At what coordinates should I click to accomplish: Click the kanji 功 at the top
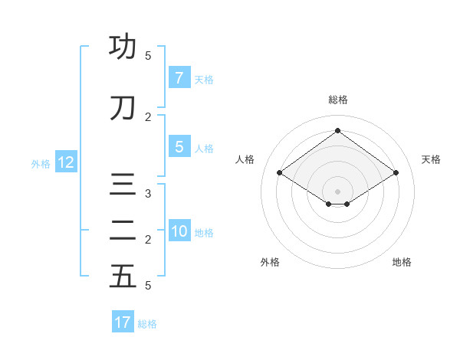pyautogui.click(x=123, y=47)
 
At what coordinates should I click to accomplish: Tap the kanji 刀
pyautogui.click(x=123, y=109)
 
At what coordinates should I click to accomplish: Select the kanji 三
pyautogui.click(x=123, y=186)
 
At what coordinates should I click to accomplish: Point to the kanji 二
pyautogui.click(x=123, y=231)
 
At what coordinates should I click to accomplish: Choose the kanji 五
pyautogui.click(x=123, y=277)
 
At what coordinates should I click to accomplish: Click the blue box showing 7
pyautogui.click(x=179, y=78)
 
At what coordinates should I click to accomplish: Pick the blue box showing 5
pyautogui.click(x=179, y=148)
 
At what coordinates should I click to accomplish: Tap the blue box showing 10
pyautogui.click(x=179, y=232)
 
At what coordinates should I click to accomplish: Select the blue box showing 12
pyautogui.click(x=65, y=162)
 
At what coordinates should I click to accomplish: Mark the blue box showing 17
pyautogui.click(x=123, y=322)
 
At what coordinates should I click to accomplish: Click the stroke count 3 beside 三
pyautogui.click(x=148, y=194)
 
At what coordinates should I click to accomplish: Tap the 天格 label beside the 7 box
pyautogui.click(x=204, y=79)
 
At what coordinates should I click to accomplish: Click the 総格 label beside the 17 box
pyautogui.click(x=147, y=324)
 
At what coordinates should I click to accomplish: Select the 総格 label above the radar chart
pyautogui.click(x=337, y=100)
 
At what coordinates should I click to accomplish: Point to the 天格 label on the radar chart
pyautogui.click(x=431, y=159)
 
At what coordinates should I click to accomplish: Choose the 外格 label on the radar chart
pyautogui.click(x=270, y=262)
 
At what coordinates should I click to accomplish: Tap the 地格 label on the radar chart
pyautogui.click(x=402, y=262)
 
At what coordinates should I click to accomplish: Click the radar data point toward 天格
pyautogui.click(x=396, y=173)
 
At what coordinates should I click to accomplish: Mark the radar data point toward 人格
pyautogui.click(x=279, y=173)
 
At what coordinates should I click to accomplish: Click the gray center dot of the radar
pyautogui.click(x=337, y=191)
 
